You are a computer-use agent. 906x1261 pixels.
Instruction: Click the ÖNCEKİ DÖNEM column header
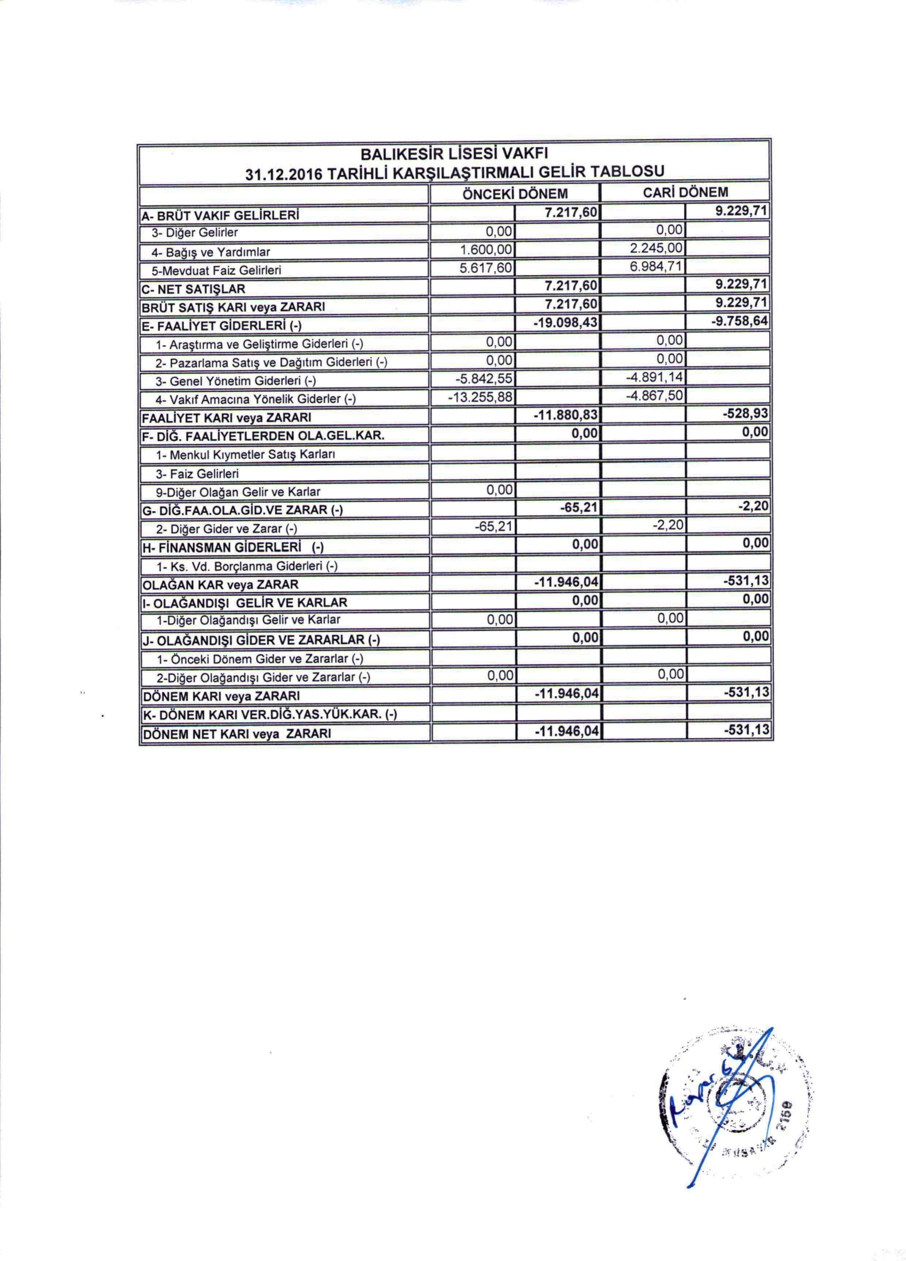pos(515,193)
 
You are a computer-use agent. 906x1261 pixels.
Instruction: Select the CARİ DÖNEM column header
pos(685,192)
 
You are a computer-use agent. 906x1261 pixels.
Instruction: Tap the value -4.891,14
pos(652,379)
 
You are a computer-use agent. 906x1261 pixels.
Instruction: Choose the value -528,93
pos(746,415)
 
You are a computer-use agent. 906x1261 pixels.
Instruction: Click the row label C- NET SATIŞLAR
pos(193,288)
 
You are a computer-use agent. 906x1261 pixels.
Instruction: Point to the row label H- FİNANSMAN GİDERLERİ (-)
pos(233,548)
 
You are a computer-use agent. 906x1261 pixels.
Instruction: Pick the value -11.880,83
pos(565,416)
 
